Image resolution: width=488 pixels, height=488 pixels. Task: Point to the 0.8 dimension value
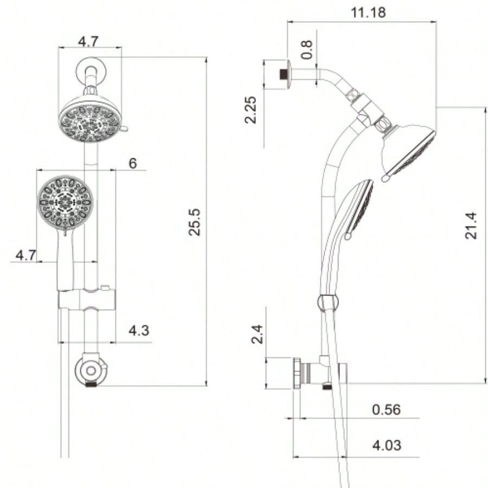(x=307, y=50)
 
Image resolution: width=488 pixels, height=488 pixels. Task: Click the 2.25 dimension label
(x=251, y=111)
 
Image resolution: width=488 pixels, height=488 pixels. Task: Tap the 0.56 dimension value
(x=386, y=409)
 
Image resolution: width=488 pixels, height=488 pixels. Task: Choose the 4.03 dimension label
(x=387, y=445)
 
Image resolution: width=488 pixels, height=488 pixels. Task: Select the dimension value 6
(x=133, y=163)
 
